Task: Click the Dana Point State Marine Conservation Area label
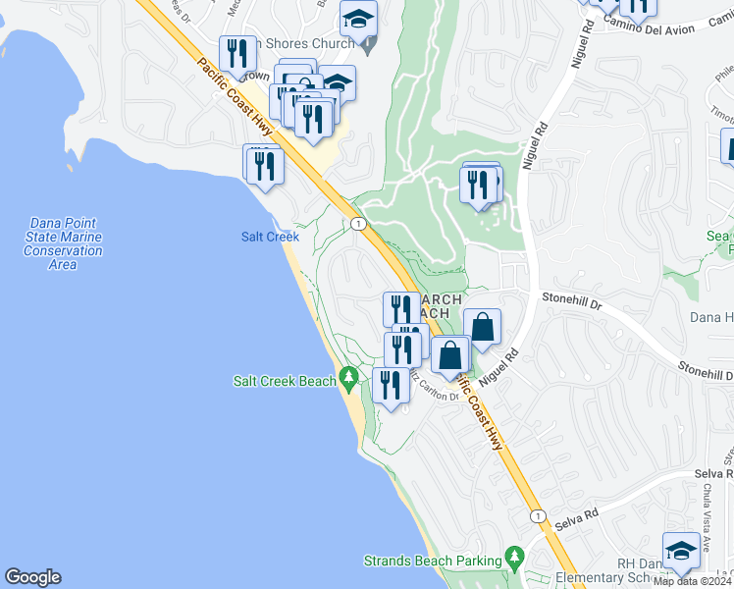[63, 243]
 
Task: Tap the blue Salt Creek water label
[270, 237]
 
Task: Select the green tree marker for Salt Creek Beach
[348, 378]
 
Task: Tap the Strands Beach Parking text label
[433, 561]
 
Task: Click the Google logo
[32, 577]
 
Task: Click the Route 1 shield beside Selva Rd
[537, 516]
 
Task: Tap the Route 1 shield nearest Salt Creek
[359, 225]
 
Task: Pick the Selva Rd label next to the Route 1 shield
[579, 514]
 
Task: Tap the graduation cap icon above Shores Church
[358, 17]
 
